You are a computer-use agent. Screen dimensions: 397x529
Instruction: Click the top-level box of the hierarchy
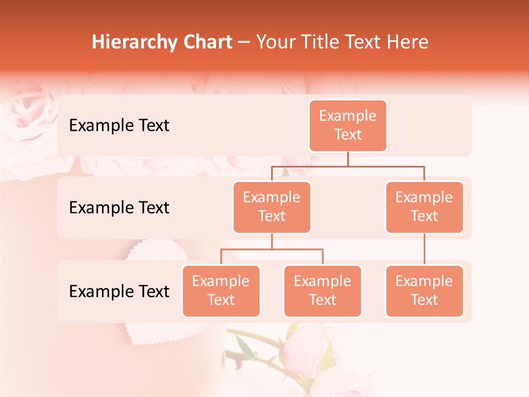348,125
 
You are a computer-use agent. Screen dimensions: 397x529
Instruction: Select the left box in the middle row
272,207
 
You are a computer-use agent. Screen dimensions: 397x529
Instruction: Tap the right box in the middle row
424,207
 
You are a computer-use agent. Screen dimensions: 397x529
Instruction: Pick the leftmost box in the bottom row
221,291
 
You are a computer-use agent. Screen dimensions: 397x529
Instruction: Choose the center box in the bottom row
322,291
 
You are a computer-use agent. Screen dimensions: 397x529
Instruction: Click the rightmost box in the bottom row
424,291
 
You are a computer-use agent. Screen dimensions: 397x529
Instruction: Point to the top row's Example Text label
119,126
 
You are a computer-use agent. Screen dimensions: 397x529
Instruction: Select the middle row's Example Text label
119,208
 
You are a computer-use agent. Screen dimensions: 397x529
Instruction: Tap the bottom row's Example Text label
119,291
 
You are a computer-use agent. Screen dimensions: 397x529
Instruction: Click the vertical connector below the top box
348,159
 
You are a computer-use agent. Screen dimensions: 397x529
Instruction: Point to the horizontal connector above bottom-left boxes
272,249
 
